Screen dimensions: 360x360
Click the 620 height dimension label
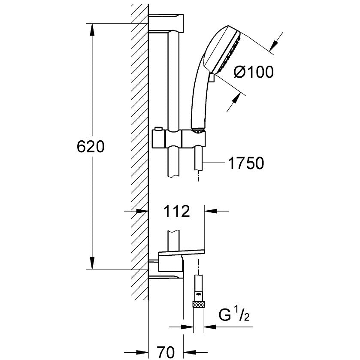(x=91, y=147)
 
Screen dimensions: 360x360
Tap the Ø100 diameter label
(x=254, y=72)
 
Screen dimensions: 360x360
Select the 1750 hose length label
(x=246, y=163)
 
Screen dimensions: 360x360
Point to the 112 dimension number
(x=176, y=211)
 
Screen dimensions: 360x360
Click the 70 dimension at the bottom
(x=166, y=352)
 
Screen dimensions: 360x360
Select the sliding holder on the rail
(x=178, y=139)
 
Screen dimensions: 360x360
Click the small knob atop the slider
(x=157, y=129)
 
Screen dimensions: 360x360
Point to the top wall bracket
(x=166, y=24)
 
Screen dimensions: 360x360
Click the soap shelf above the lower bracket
(x=182, y=252)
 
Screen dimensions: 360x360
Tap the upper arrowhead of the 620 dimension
(x=92, y=30)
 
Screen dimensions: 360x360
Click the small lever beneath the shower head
(x=212, y=77)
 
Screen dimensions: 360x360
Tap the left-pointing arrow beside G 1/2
(x=210, y=327)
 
